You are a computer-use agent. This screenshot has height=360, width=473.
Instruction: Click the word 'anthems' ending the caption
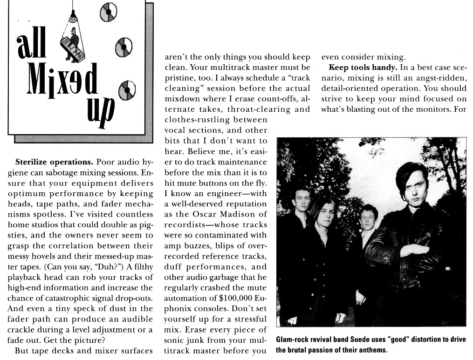[371, 350]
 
